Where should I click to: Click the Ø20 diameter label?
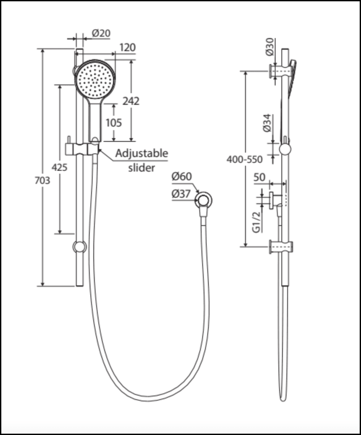point(101,33)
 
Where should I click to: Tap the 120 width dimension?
point(127,47)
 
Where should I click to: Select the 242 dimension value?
point(131,101)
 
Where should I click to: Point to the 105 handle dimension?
point(114,123)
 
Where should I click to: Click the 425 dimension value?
point(59,167)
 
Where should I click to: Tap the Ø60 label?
point(181,177)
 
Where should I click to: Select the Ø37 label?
point(181,194)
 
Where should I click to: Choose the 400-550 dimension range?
point(245,159)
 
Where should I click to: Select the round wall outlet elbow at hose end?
point(203,201)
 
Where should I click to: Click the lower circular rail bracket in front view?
point(80,247)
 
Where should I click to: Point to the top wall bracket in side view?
point(281,71)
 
